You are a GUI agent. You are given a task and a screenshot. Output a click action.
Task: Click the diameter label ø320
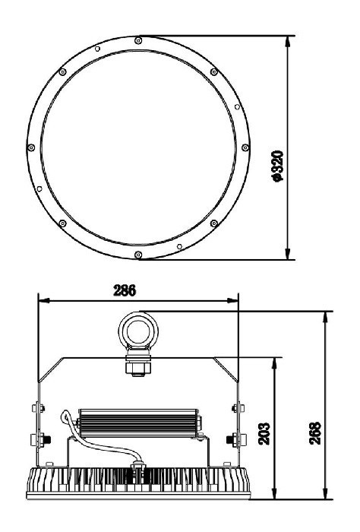coord(278,166)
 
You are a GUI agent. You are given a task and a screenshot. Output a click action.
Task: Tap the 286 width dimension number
coord(125,290)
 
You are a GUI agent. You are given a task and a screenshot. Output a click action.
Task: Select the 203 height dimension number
coord(264,434)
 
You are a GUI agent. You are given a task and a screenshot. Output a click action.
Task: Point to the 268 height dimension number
coord(315,433)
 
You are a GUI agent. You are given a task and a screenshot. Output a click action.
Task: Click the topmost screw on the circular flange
coord(138,41)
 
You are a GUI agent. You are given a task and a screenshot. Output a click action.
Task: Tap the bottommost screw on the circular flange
coord(138,255)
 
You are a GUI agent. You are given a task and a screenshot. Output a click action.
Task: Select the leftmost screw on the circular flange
coord(31,147)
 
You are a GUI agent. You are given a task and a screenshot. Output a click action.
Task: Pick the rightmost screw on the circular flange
coord(245,147)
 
